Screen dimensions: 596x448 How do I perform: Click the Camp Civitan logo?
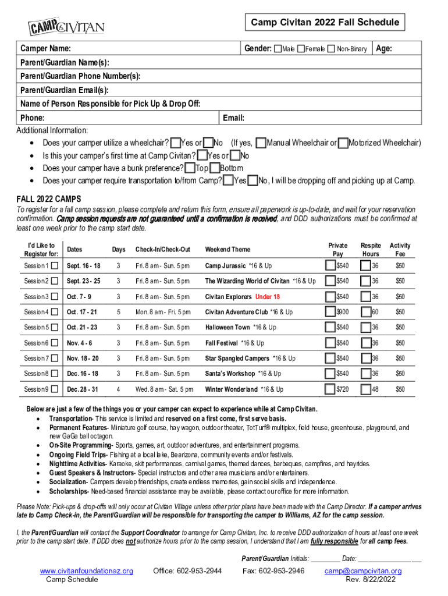(x=67, y=26)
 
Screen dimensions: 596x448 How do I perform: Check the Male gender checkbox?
(x=278, y=49)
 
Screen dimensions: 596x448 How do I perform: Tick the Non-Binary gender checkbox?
(x=331, y=49)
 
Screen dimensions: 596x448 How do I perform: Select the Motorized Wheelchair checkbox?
(x=343, y=143)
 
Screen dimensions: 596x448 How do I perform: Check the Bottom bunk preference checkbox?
(x=215, y=168)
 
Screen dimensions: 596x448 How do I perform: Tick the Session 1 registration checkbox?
(x=55, y=267)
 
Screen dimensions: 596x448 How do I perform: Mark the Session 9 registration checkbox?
(x=55, y=389)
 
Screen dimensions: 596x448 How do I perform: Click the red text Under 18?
(x=268, y=297)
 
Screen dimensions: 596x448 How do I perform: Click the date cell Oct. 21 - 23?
(x=82, y=328)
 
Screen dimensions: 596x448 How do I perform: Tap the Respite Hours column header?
(x=370, y=249)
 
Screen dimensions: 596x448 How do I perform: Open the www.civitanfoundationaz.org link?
(x=86, y=571)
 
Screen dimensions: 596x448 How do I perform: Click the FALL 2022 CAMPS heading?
(x=48, y=198)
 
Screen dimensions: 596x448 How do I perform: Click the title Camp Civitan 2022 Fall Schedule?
(x=325, y=23)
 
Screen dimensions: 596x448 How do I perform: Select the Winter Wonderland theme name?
(x=231, y=389)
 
